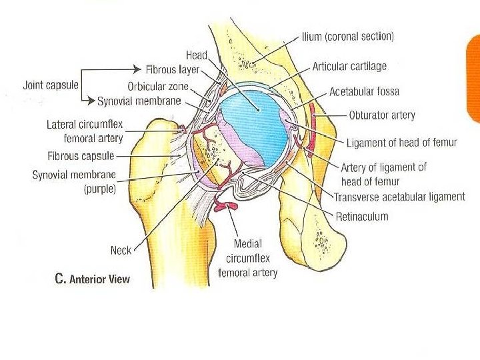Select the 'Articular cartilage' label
click(349, 67)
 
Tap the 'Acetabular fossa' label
click(364, 91)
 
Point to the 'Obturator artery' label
click(382, 115)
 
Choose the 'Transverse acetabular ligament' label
click(399, 197)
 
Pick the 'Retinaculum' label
click(362, 217)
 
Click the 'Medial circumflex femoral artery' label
click(247, 258)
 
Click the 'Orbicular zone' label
click(159, 87)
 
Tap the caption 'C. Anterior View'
click(92, 279)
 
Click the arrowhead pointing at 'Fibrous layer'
click(139, 69)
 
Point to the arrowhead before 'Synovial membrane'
click(92, 101)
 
